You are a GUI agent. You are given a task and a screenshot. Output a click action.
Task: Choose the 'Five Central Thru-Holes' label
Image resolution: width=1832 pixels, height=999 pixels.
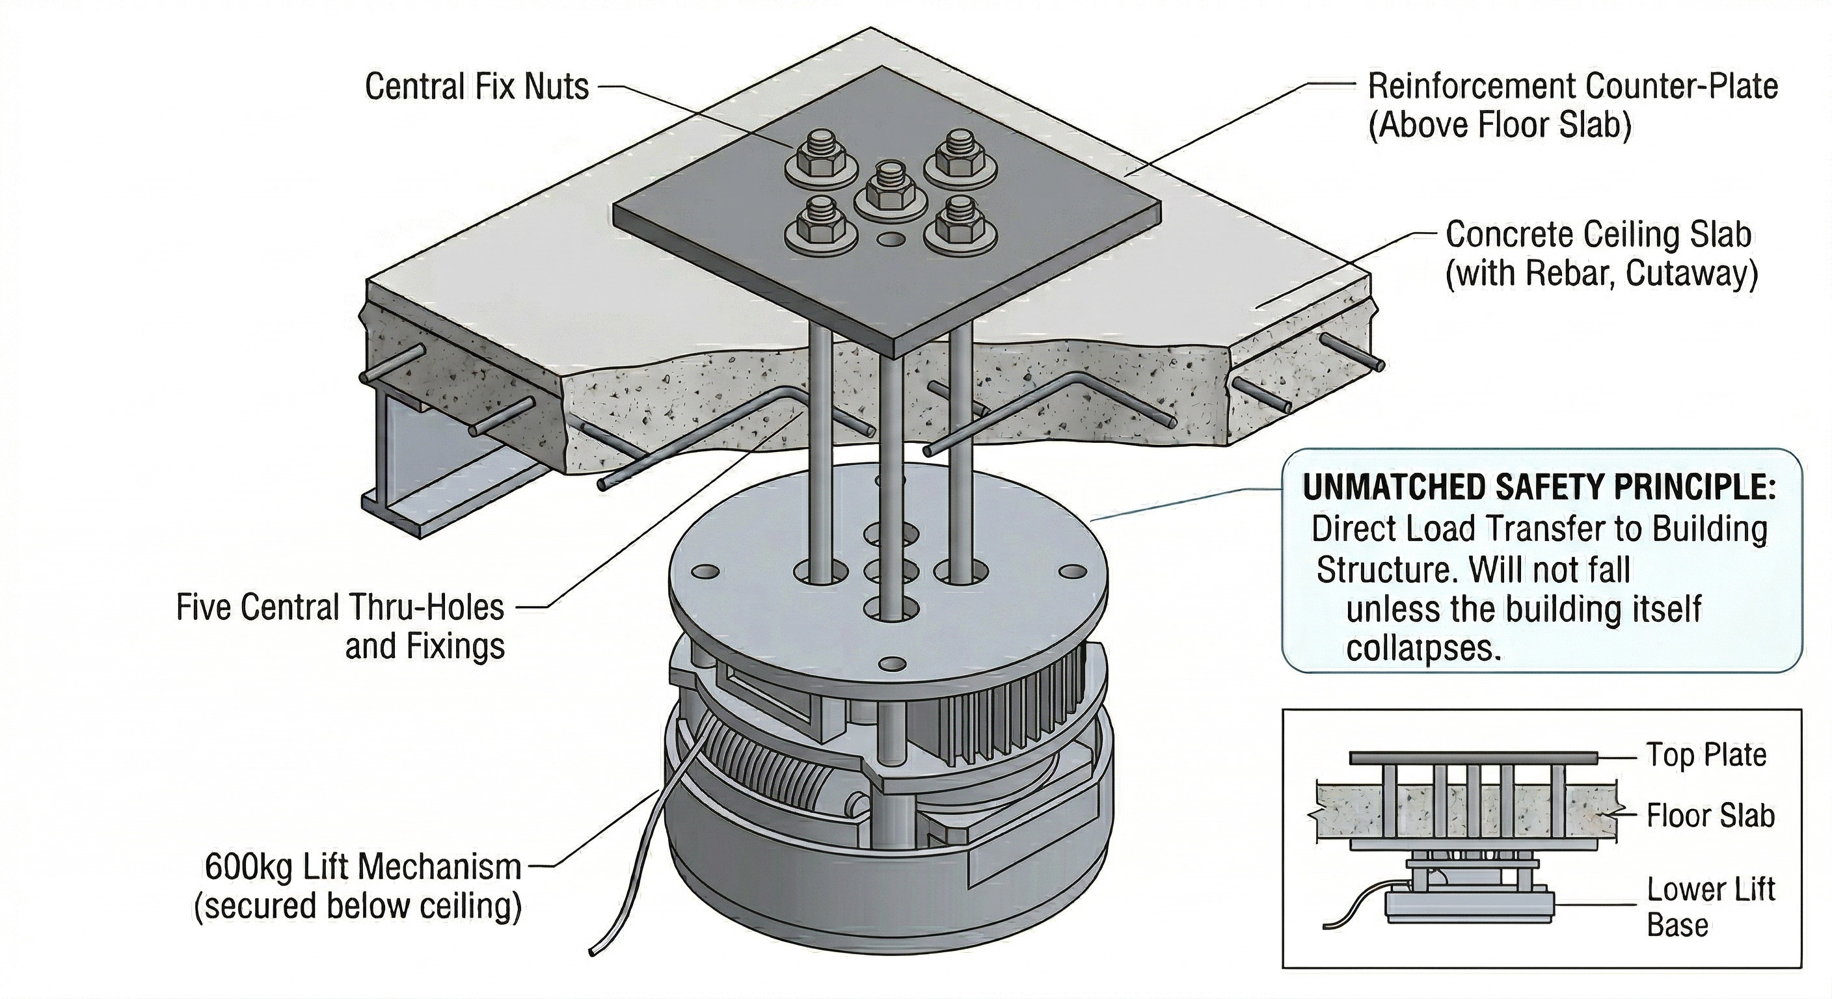click(340, 607)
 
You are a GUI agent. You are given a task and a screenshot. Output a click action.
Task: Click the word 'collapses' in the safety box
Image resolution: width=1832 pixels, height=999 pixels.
click(1423, 648)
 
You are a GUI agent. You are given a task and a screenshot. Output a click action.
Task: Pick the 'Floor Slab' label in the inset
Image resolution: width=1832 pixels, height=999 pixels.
click(1710, 816)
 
